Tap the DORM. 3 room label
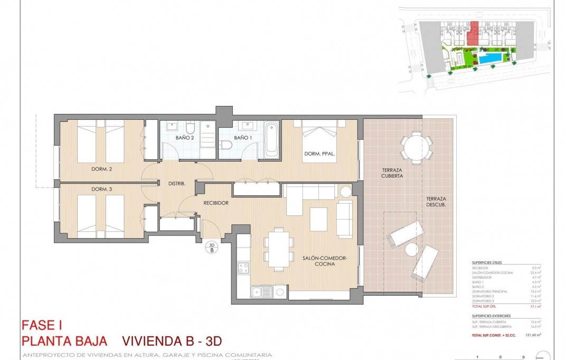click(88, 189)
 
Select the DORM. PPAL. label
click(317, 154)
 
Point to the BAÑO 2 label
click(185, 138)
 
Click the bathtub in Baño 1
click(271, 140)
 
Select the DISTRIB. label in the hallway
click(176, 184)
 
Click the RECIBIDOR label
click(216, 203)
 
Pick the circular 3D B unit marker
click(212, 248)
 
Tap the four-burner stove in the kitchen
click(243, 268)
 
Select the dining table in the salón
click(278, 249)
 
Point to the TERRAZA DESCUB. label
click(438, 202)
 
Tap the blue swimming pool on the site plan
click(491, 58)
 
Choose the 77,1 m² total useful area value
click(536, 306)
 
